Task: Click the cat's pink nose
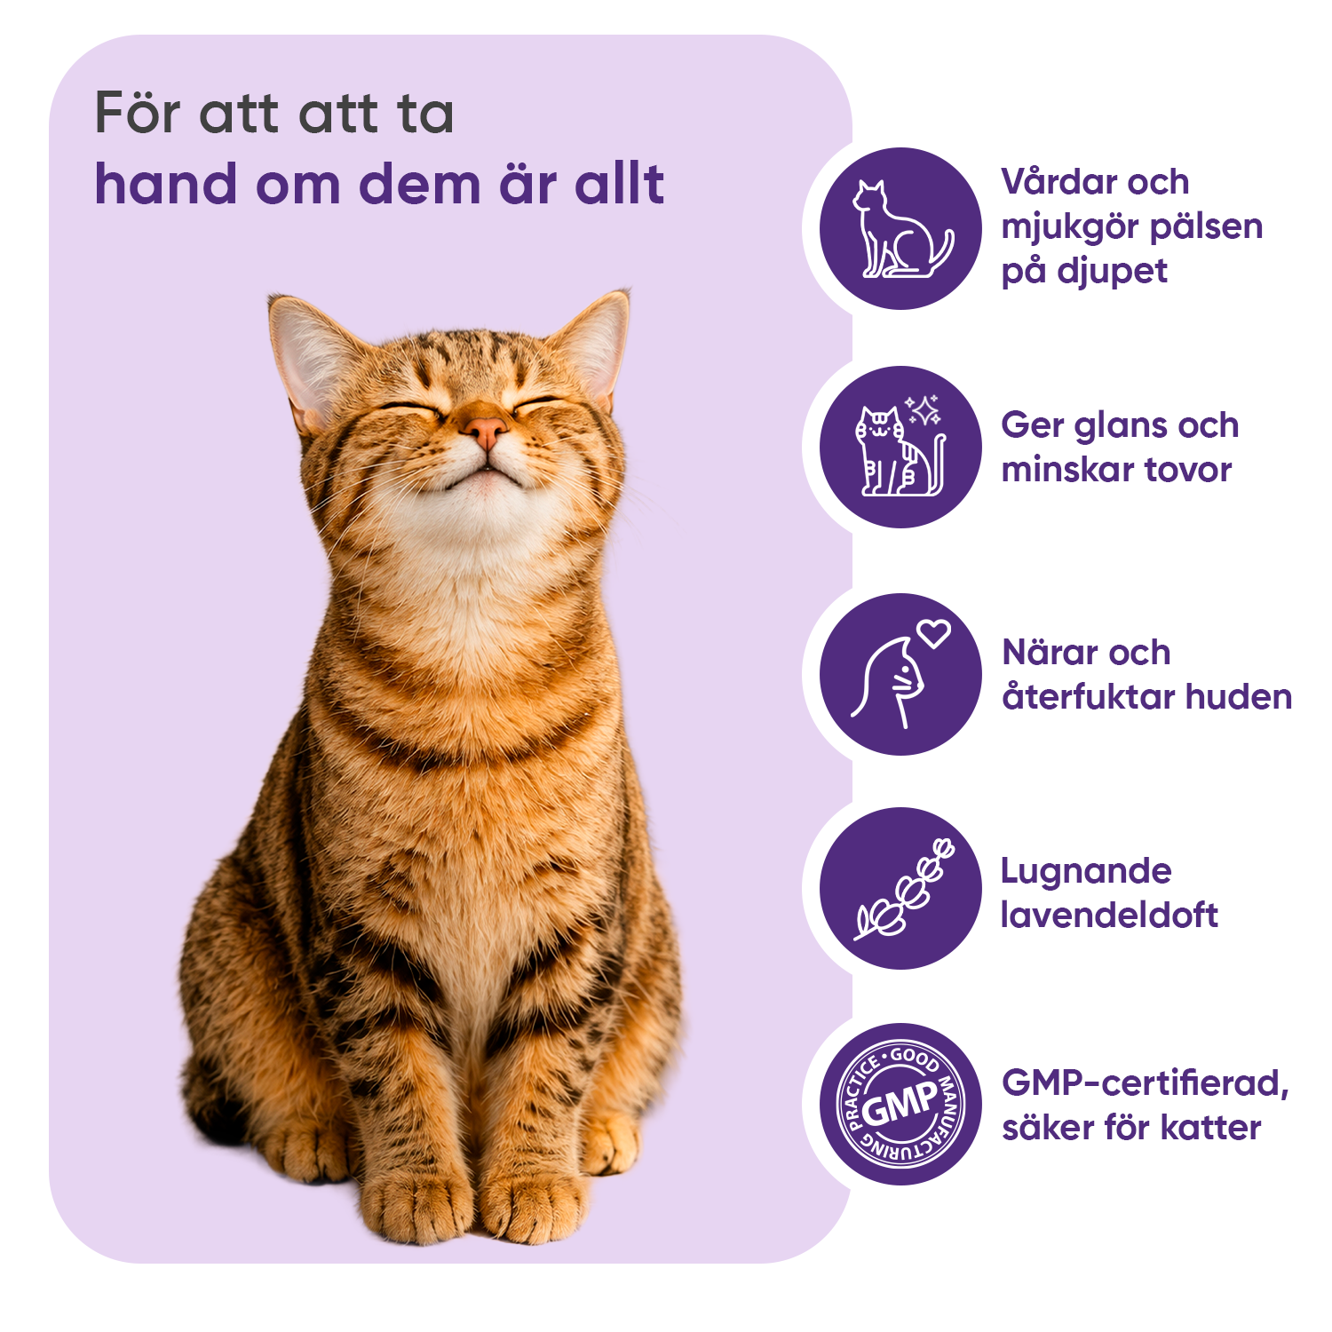tap(485, 432)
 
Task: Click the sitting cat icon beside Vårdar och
tap(902, 229)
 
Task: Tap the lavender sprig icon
tap(904, 888)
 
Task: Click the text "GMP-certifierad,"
tap(1146, 1083)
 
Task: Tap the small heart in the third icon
tap(934, 632)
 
